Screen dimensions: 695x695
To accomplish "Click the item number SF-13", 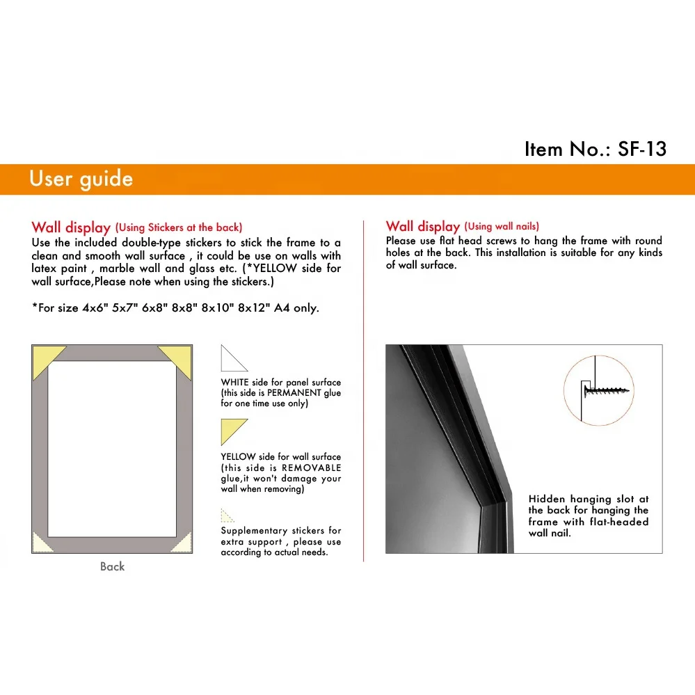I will click(641, 149).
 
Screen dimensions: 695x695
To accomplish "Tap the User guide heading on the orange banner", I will click(81, 179).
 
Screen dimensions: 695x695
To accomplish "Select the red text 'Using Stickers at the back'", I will click(179, 227).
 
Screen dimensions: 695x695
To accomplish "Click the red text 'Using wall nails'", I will click(502, 226).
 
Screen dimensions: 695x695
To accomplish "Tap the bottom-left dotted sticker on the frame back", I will click(41, 543).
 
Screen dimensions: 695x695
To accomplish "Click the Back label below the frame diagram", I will click(112, 566).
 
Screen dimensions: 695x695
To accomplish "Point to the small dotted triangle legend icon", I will click(226, 516).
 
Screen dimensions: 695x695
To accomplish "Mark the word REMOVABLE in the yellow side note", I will click(311, 468).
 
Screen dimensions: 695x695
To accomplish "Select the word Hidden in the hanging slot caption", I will click(547, 499).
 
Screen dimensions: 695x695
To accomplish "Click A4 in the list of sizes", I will click(282, 307).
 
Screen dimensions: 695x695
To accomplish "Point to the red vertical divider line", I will click(363, 390).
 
